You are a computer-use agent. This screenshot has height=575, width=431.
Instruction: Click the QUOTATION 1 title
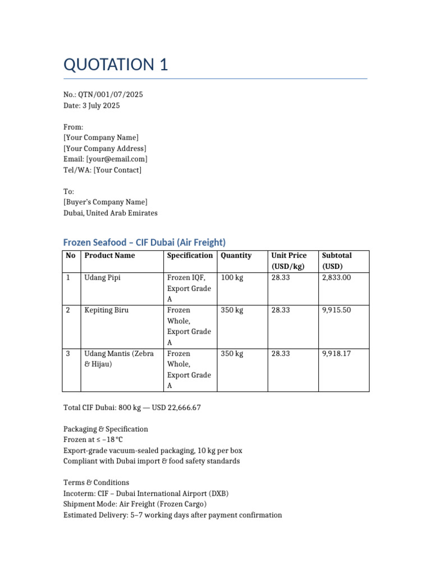[116, 65]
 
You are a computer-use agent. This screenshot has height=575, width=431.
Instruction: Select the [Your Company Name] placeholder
[101, 138]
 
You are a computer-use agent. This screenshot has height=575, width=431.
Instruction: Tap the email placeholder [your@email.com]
[117, 159]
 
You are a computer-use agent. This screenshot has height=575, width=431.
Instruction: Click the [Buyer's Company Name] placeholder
[106, 202]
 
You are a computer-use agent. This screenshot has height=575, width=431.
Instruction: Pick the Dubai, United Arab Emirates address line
[111, 213]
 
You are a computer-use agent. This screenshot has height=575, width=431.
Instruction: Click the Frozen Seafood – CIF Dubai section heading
[144, 243]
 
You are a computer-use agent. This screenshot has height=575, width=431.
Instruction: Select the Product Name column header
[109, 255]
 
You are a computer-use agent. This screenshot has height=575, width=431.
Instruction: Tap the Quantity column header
[236, 255]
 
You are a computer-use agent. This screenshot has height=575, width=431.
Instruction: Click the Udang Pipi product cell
[102, 277]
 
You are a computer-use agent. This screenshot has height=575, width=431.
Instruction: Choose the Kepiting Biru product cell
[106, 310]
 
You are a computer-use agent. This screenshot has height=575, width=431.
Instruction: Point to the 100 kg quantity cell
[232, 277]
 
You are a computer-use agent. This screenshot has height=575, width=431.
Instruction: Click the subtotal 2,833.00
[336, 277]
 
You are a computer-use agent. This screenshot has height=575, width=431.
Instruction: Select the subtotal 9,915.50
[336, 310]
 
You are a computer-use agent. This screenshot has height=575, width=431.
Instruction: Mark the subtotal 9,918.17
[336, 354]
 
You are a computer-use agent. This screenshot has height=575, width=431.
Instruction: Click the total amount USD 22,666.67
[176, 408]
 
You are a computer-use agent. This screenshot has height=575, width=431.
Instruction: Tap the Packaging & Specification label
[106, 429]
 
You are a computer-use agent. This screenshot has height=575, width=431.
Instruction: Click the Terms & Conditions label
[96, 482]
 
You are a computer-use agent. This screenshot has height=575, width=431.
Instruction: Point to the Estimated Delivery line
[172, 515]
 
